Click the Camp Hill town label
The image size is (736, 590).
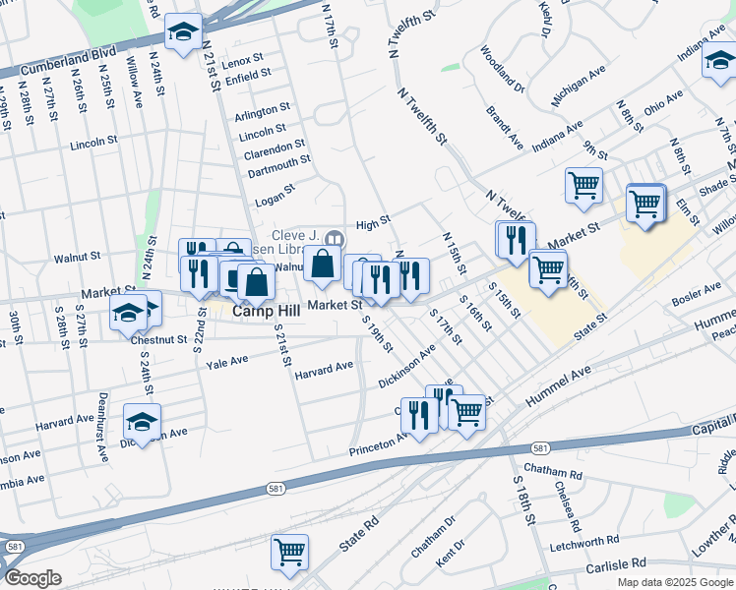pyautogui.click(x=259, y=311)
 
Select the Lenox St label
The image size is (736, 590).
pyautogui.click(x=243, y=61)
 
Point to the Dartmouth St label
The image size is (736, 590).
pyautogui.click(x=278, y=158)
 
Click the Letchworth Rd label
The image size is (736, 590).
pyautogui.click(x=584, y=540)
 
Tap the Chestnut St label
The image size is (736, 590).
pyautogui.click(x=158, y=339)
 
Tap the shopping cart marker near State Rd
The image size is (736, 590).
pyautogui.click(x=289, y=552)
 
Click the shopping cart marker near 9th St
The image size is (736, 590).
pyautogui.click(x=583, y=184)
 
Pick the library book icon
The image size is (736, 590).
pyautogui.click(x=335, y=239)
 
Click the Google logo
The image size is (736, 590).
pyautogui.click(x=33, y=578)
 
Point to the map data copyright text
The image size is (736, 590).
pyautogui.click(x=674, y=582)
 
